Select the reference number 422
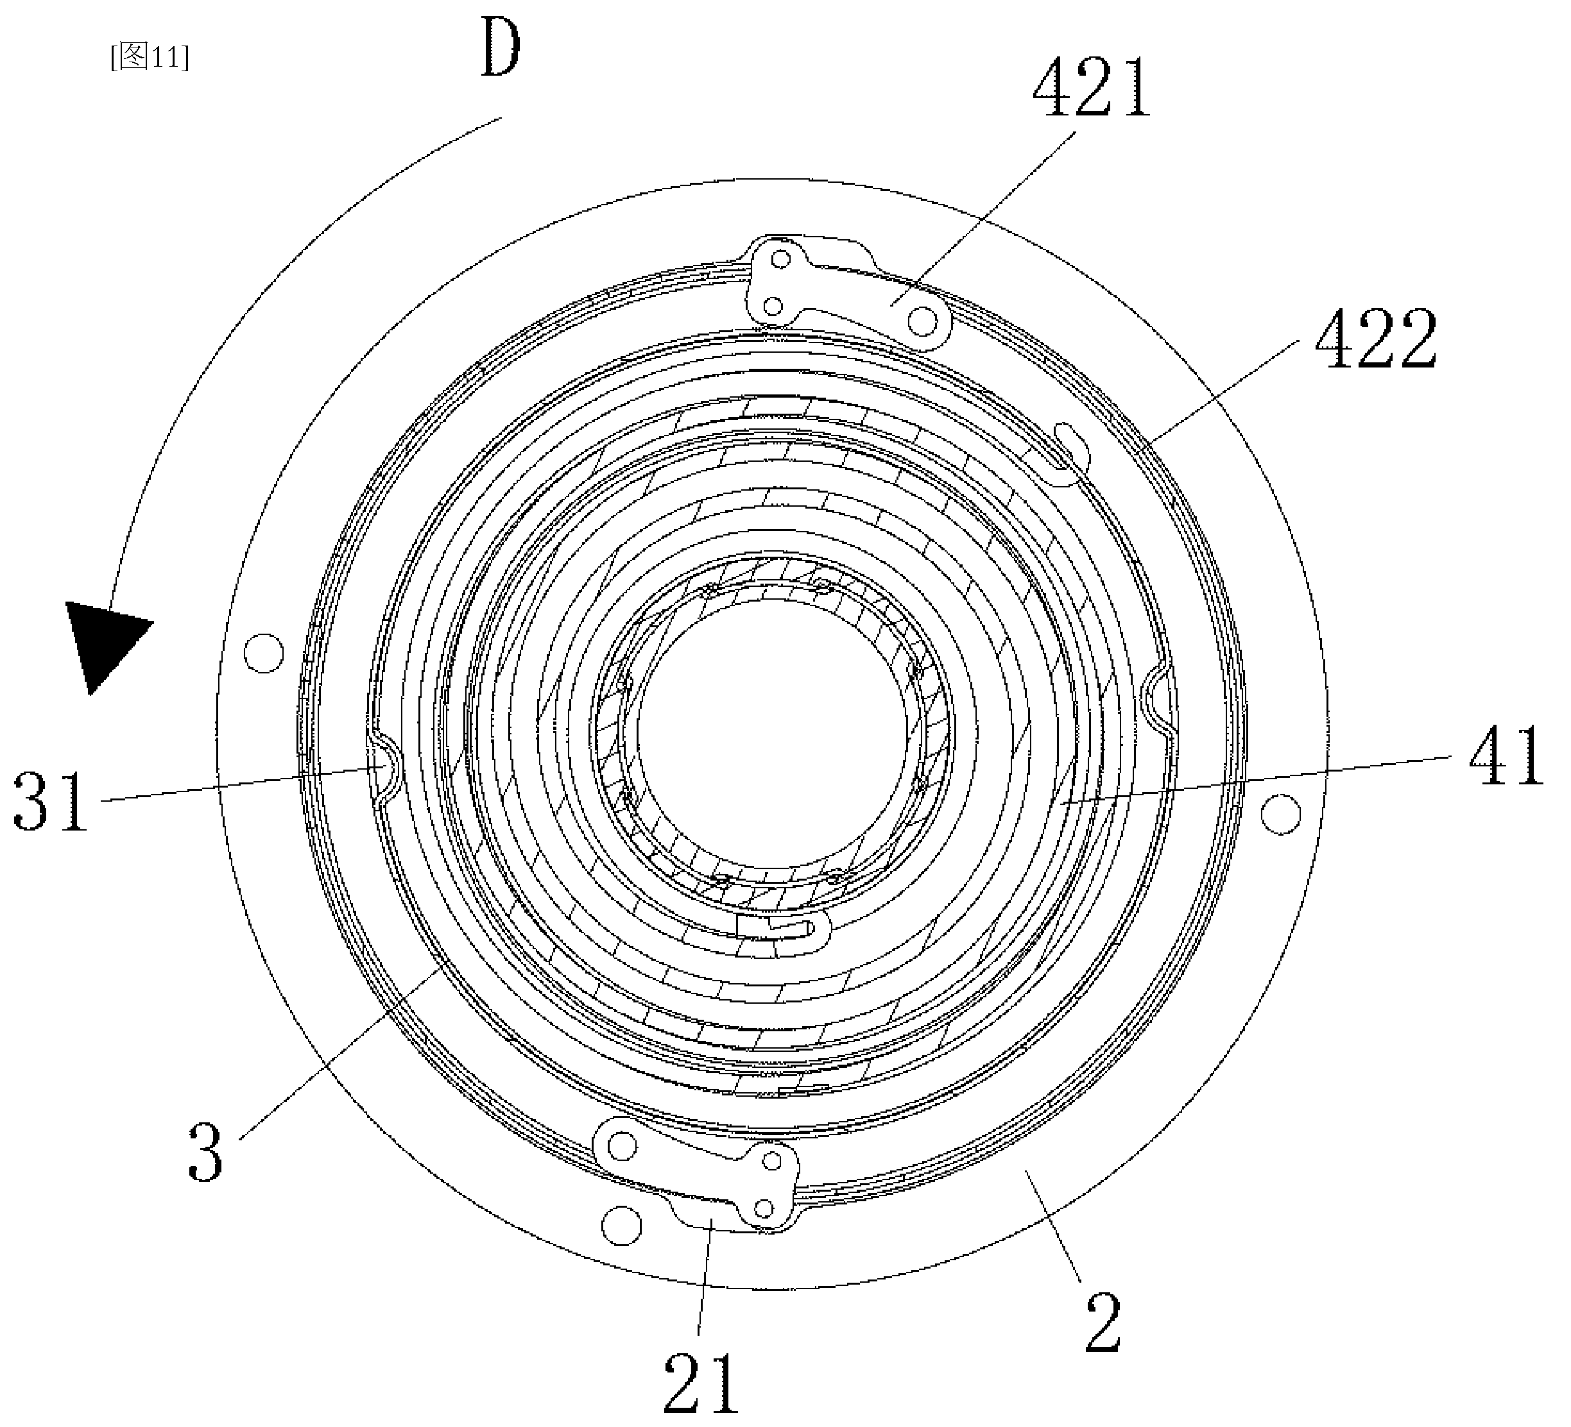pyautogui.click(x=1376, y=338)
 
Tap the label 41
pyautogui.click(x=1506, y=755)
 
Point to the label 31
pyautogui.click(x=50, y=802)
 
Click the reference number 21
pyautogui.click(x=700, y=1383)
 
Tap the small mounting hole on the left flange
pyautogui.click(x=263, y=653)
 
